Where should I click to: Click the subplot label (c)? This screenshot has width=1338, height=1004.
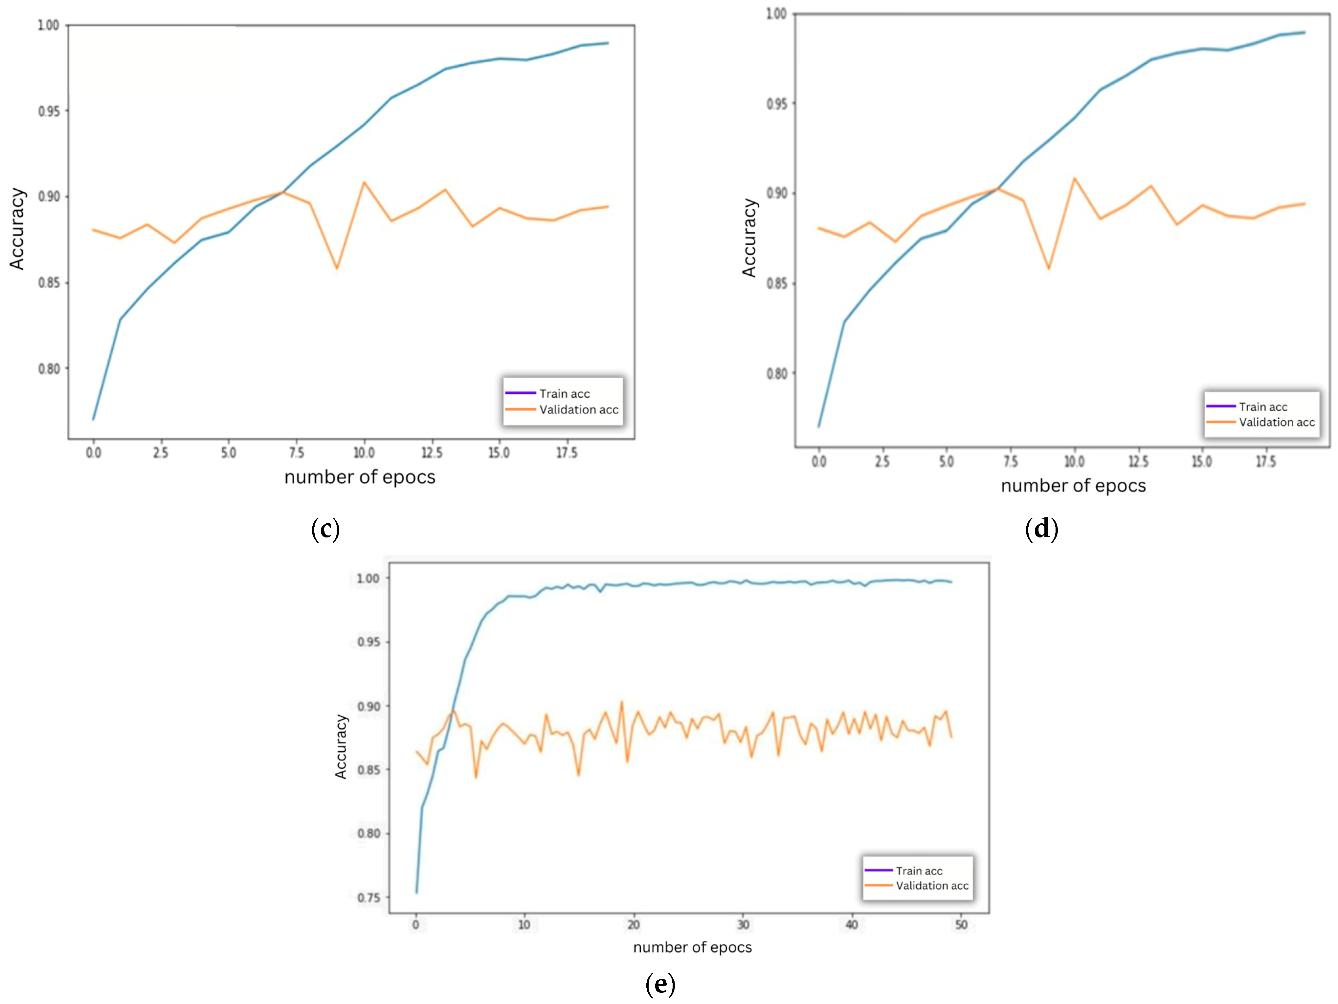click(325, 530)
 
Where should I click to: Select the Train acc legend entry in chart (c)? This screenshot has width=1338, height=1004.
click(564, 393)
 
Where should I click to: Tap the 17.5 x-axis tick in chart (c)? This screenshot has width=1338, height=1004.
click(567, 453)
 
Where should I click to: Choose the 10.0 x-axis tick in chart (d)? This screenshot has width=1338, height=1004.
click(1074, 462)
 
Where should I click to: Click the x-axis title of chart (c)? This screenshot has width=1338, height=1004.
click(360, 477)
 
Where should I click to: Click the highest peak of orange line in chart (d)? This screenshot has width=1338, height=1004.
click(1074, 178)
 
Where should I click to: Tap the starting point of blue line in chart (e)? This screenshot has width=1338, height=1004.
click(416, 892)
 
